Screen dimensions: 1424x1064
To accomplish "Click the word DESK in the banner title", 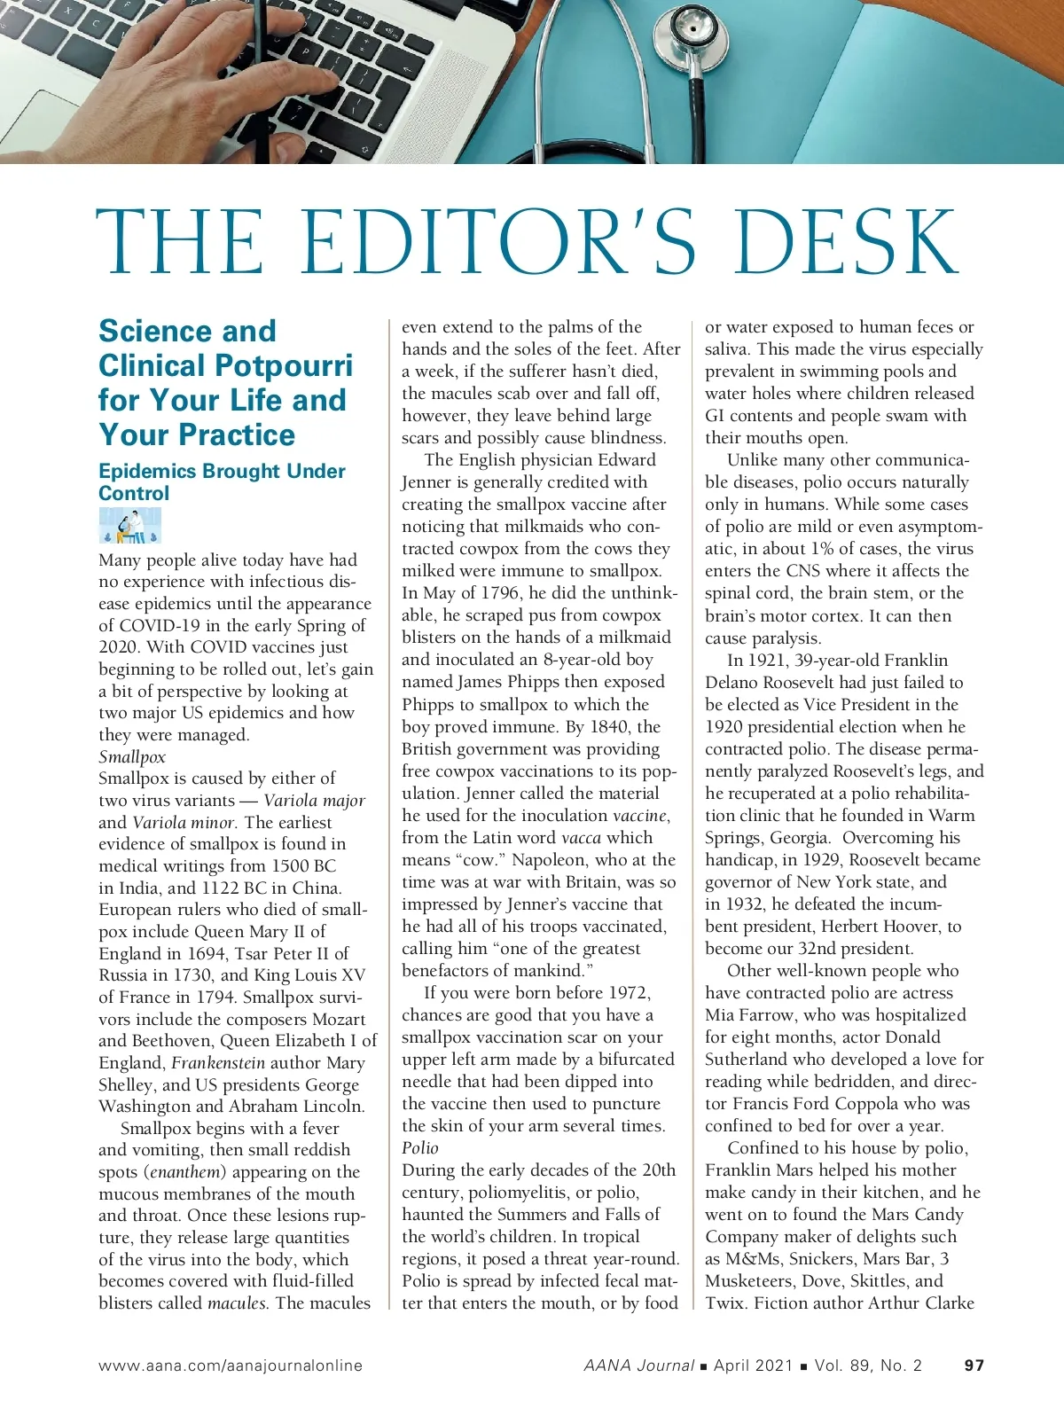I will point(847,243).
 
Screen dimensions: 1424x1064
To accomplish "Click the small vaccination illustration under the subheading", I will point(130,525).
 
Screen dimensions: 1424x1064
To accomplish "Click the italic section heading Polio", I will point(420,1147).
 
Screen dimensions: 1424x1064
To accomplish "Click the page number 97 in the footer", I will point(974,1365).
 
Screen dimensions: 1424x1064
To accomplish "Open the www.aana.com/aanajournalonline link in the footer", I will point(231,1365).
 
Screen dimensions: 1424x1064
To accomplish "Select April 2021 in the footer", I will point(753,1365).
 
